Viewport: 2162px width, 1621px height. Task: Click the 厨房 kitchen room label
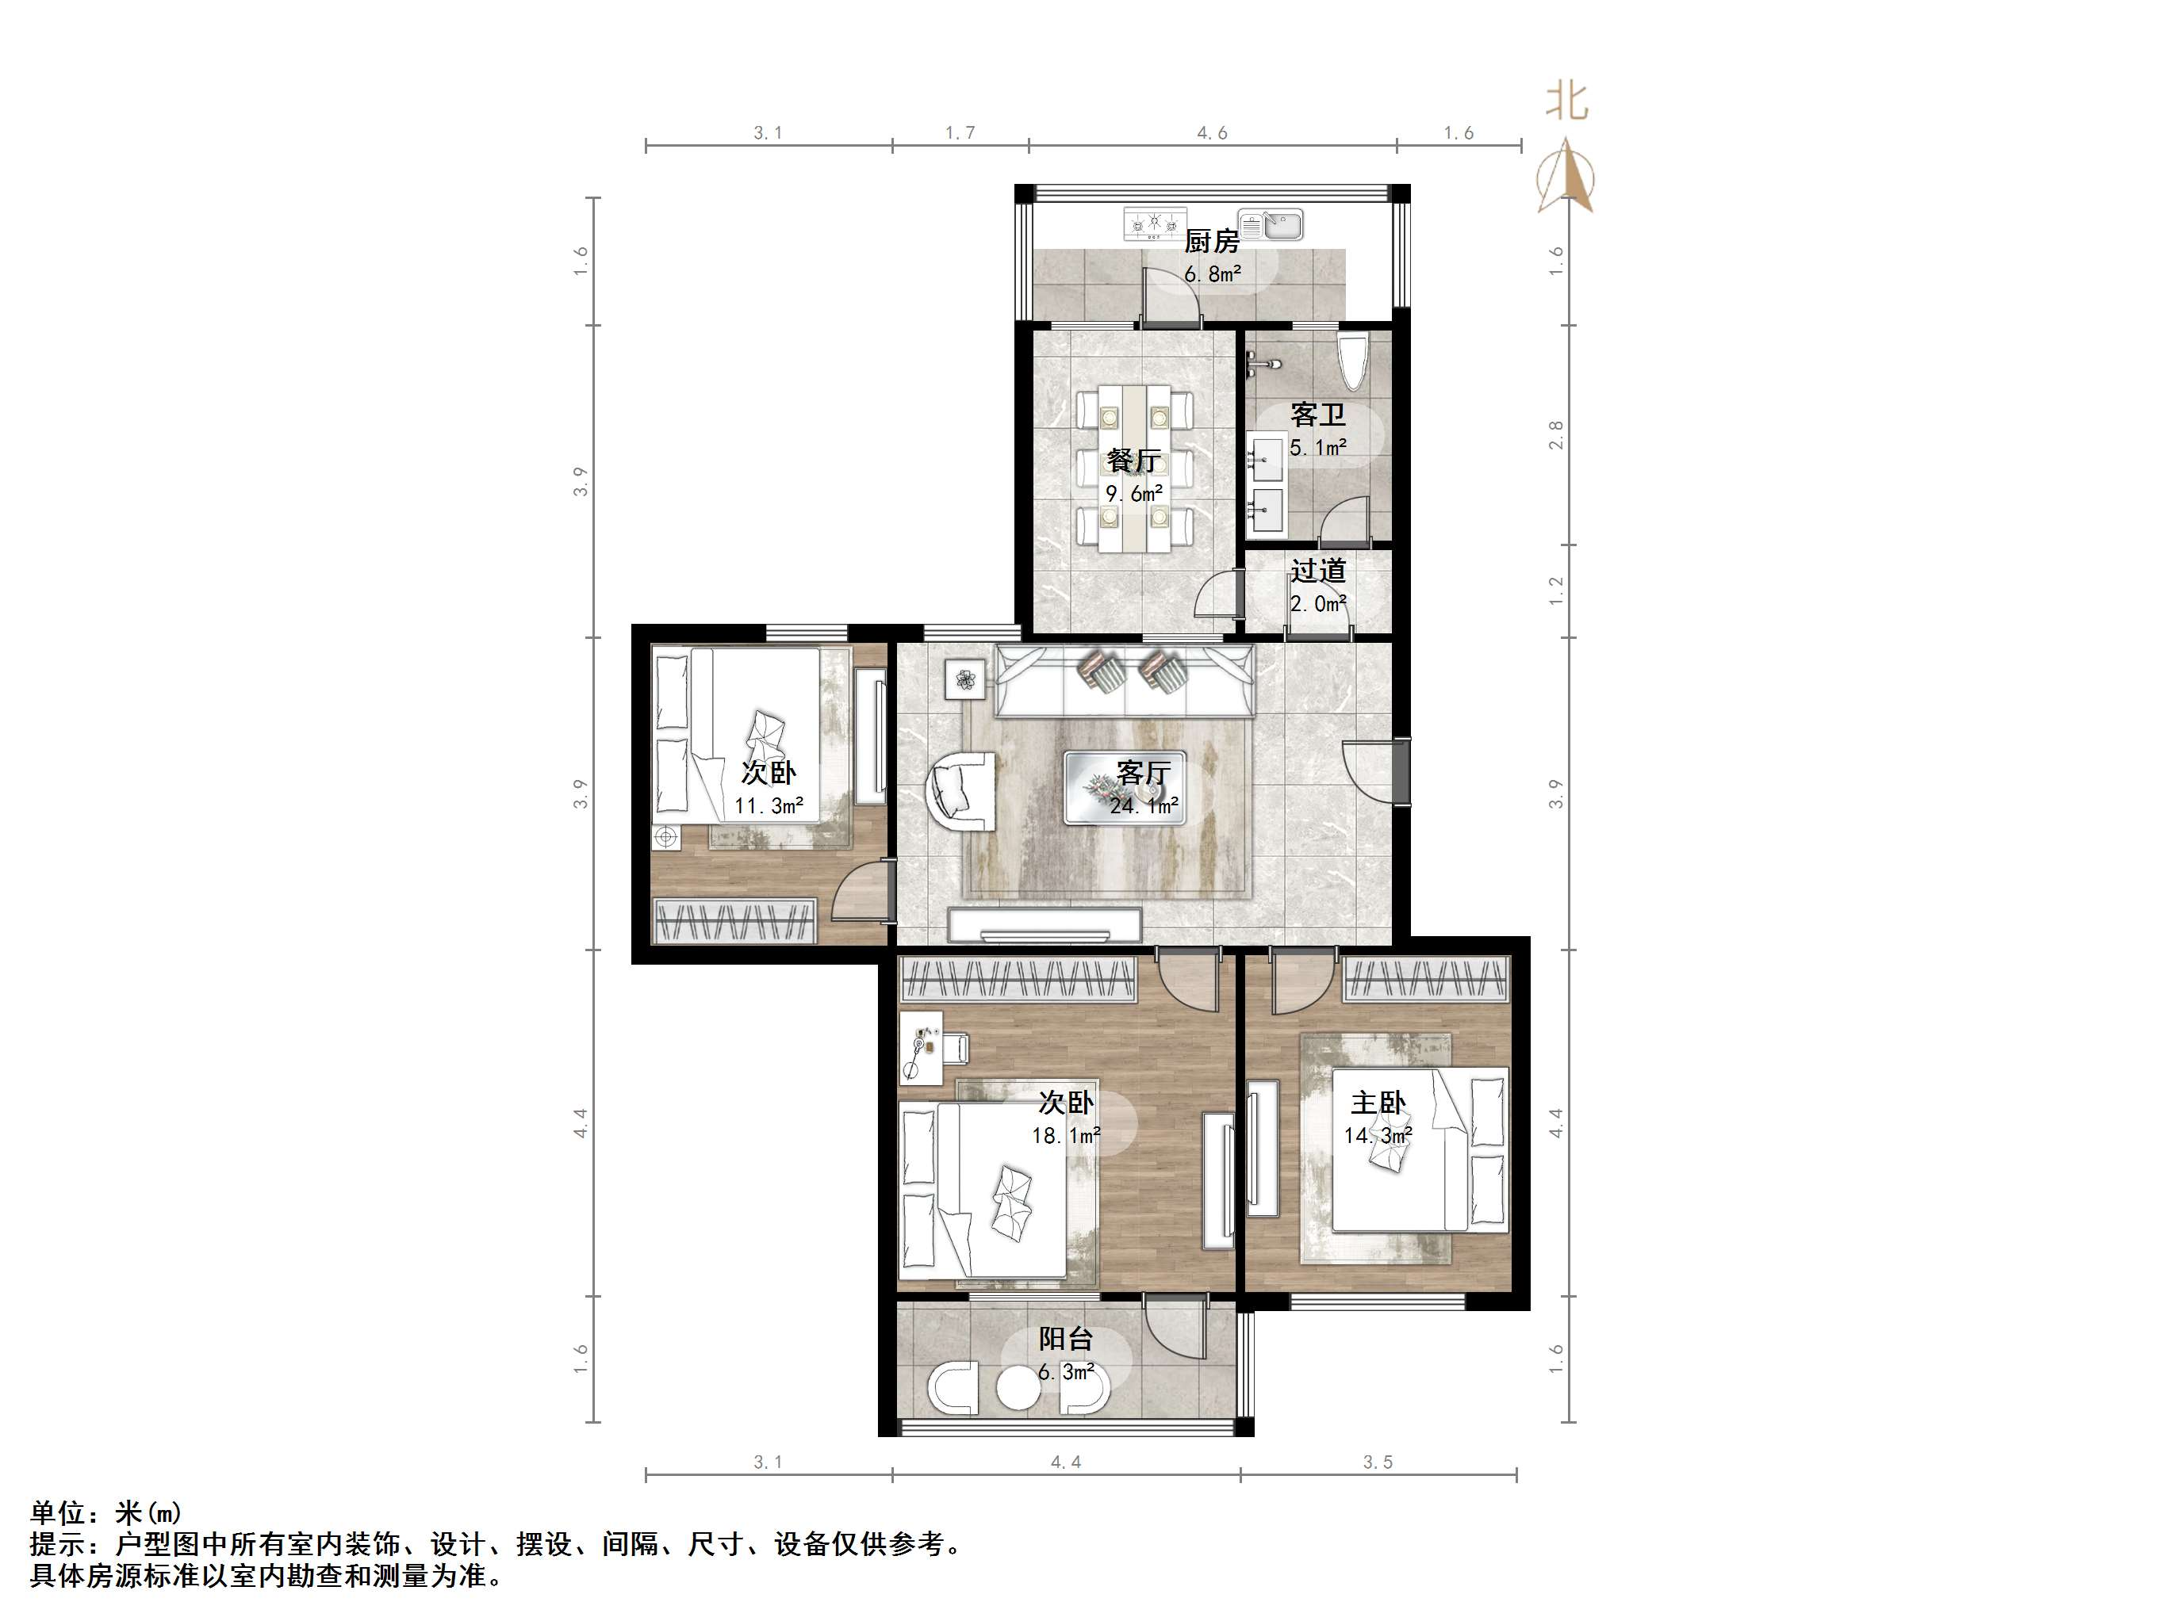(x=1211, y=240)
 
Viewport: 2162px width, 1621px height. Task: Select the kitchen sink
(x=1271, y=225)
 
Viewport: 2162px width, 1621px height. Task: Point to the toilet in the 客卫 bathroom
(x=1354, y=361)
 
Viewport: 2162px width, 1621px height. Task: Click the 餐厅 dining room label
(x=1134, y=461)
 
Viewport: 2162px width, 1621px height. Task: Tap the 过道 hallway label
(x=1317, y=571)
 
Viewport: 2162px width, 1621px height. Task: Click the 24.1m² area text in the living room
(x=1144, y=806)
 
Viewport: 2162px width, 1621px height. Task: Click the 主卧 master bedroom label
(x=1378, y=1103)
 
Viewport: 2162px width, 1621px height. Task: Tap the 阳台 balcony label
(x=1065, y=1339)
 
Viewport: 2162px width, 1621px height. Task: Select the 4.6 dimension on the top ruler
(x=1212, y=133)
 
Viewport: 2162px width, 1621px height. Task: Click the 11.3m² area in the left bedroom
(x=769, y=806)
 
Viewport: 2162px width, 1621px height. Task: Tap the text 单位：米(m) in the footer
(x=105, y=1512)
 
